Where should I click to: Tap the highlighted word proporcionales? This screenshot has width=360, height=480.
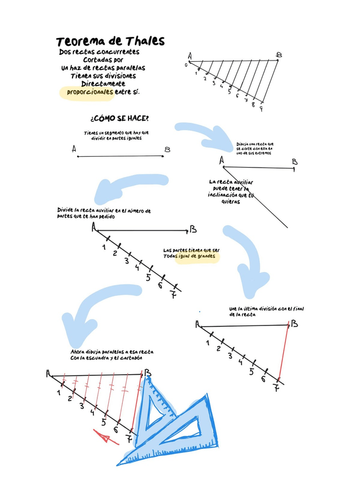(89, 91)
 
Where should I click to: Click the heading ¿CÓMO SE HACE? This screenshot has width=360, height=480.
(119, 119)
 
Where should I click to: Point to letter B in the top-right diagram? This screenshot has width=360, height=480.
(278, 55)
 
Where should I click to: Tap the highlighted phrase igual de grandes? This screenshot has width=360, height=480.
(196, 256)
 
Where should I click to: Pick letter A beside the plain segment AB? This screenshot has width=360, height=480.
(74, 149)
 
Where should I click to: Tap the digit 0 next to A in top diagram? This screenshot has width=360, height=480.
(186, 65)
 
